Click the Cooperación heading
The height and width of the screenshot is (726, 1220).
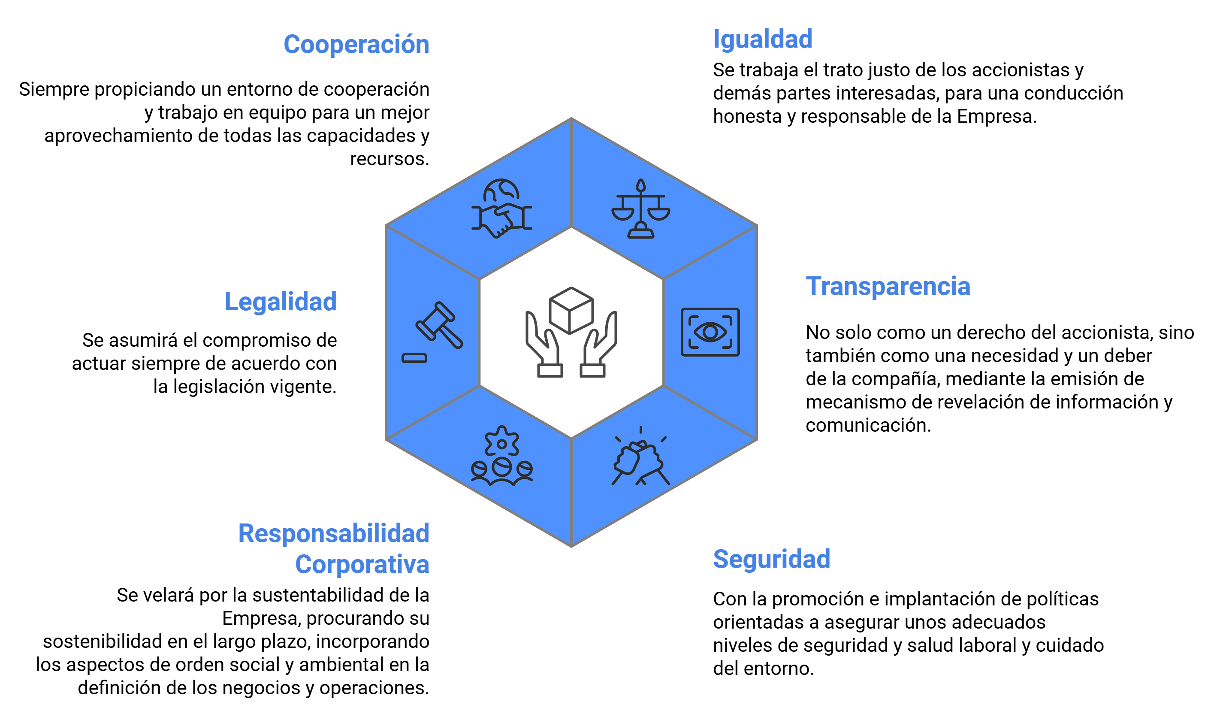point(356,45)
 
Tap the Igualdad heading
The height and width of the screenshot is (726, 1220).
point(762,39)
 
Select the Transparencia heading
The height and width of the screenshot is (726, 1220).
point(888,286)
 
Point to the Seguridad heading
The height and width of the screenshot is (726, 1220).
point(771,559)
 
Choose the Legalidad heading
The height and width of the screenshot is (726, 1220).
point(280,301)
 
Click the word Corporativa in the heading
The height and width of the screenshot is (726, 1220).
point(362,564)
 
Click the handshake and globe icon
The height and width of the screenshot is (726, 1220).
point(501,208)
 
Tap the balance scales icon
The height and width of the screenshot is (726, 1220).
point(640,209)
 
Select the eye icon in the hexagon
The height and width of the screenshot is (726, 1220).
point(710,332)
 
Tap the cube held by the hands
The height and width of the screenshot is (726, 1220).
point(571,311)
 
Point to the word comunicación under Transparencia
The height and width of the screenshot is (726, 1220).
point(868,425)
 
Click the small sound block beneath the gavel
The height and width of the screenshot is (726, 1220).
point(414,358)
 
